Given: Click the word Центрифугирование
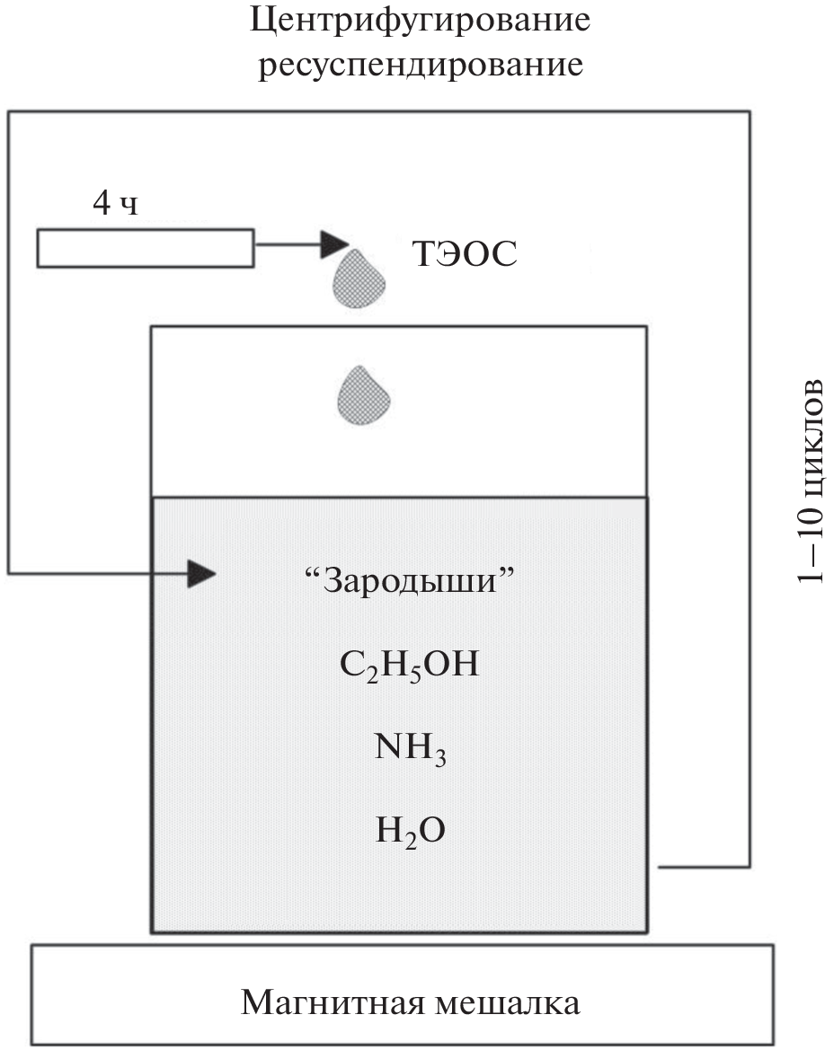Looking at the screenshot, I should tap(420, 22).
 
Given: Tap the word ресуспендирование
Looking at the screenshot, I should tap(421, 66).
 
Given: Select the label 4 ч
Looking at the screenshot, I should tap(115, 205).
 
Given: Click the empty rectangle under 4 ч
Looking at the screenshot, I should tap(145, 249).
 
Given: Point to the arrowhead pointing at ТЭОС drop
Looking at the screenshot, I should tap(334, 243).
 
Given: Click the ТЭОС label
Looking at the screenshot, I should tap(465, 256).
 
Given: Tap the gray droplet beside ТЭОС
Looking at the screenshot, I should tap(359, 278).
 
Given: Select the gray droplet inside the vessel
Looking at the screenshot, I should tap(363, 394).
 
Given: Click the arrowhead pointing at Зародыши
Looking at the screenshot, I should tap(201, 572).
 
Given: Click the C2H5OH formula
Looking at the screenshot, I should tap(410, 666).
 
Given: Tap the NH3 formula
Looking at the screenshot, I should tap(410, 749).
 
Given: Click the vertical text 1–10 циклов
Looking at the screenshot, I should tap(811, 481).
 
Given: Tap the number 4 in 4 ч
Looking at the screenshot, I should tap(102, 205).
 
